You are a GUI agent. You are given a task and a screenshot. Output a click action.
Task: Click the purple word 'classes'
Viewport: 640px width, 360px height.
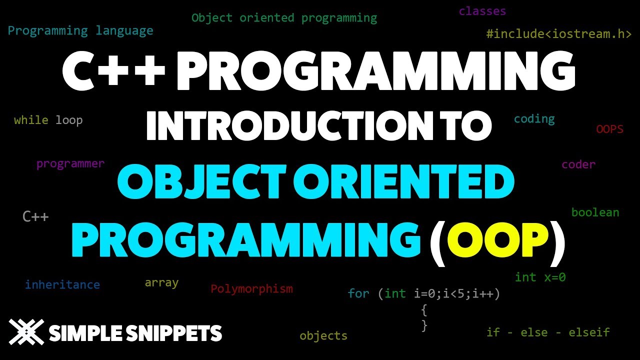[482, 11]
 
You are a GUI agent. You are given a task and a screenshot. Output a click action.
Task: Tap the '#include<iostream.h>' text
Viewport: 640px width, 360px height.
[558, 34]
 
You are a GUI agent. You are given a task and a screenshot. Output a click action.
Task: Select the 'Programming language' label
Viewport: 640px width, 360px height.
[80, 31]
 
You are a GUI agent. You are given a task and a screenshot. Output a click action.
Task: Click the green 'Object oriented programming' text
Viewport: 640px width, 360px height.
[284, 18]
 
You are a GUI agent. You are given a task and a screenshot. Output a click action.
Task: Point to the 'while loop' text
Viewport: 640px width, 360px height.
[48, 120]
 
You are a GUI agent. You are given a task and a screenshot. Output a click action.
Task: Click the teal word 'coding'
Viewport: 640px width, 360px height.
[534, 119]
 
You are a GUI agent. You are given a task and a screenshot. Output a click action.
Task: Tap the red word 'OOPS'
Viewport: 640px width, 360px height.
[609, 129]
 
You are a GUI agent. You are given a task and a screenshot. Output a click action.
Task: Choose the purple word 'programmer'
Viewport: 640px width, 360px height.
[70, 163]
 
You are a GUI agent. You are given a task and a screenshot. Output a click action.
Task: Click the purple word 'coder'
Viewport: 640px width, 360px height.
[578, 164]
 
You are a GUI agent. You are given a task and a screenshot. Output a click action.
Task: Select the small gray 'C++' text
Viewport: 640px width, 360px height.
[35, 217]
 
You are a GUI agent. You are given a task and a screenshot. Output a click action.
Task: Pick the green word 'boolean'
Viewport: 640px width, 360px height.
[595, 212]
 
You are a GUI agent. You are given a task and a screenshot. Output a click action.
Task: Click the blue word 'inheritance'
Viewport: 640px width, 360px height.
[62, 285]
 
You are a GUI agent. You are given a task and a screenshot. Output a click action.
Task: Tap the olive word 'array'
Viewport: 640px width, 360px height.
[161, 283]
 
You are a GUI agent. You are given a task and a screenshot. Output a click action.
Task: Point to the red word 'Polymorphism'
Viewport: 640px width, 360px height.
[251, 289]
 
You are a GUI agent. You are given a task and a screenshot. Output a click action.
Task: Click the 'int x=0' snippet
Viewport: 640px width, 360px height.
[540, 277]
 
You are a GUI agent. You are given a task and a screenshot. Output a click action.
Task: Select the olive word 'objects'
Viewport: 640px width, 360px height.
[323, 335]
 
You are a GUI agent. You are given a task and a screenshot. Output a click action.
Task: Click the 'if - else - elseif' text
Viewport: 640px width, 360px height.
[547, 332]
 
